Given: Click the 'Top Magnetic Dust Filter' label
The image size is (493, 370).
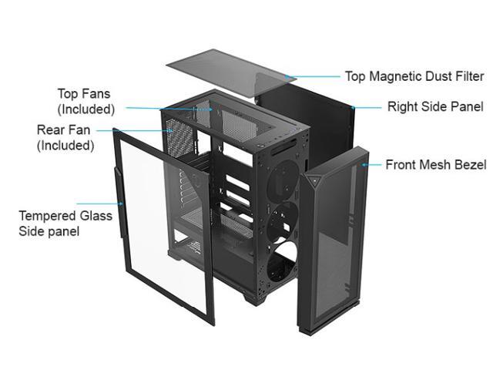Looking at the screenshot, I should pos(414,76).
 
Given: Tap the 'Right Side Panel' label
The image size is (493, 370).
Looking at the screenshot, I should pos(434,107).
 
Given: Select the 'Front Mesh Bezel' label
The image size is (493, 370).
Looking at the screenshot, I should pos(435,165).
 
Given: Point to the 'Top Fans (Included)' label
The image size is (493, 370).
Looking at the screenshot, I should pos(85,102).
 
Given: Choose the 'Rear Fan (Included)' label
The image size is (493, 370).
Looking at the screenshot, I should pos(65,137).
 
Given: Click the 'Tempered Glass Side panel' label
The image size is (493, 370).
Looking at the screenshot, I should pos(65,223).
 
